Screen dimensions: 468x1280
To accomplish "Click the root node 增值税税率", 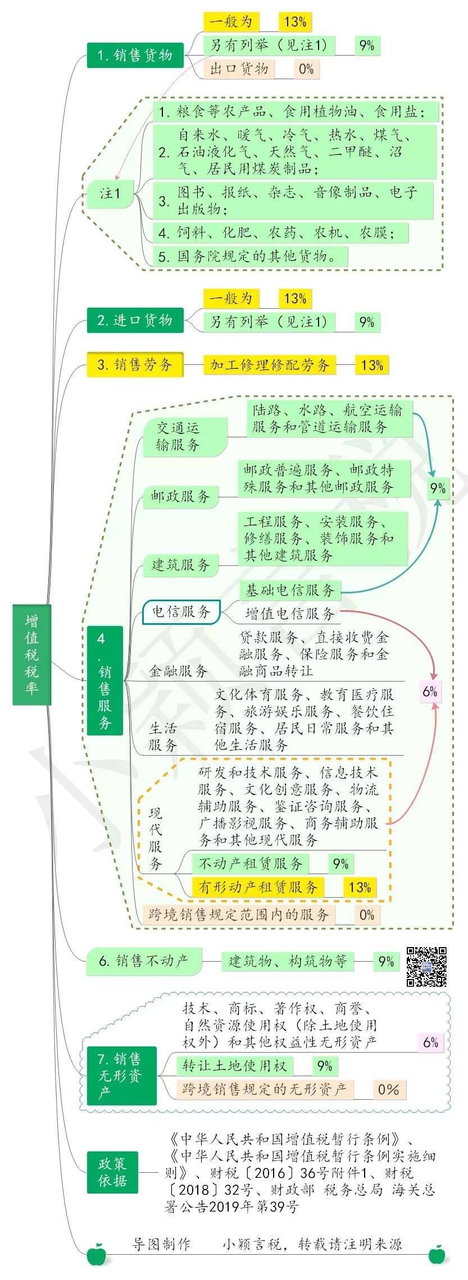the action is click(32, 654).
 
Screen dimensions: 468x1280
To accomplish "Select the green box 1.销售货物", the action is click(135, 55).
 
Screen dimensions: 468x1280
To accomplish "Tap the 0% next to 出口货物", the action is click(306, 69).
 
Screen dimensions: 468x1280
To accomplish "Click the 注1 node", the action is click(110, 194).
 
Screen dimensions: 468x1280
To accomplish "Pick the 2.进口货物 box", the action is click(135, 320).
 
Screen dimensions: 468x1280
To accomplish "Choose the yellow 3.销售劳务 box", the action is click(135, 365).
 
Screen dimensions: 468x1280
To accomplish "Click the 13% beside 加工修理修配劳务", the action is click(372, 365).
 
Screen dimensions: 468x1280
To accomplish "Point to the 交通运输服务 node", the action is click(185, 437).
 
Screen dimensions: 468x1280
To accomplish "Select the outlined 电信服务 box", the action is click(181, 611).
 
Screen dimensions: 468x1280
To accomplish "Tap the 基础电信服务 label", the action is click(290, 590).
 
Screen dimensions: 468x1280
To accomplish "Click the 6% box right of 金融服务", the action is click(430, 692).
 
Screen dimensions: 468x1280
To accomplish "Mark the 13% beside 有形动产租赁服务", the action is click(360, 887).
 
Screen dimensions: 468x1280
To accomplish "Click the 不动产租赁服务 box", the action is click(251, 863).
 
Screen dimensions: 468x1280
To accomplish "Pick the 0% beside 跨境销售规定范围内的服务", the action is click(367, 915).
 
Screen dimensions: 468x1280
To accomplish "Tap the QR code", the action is click(427, 967).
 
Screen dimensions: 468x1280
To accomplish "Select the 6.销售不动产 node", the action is click(144, 961).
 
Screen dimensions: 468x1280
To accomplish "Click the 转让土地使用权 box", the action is click(234, 1066).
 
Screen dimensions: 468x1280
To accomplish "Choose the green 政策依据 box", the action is click(112, 1172).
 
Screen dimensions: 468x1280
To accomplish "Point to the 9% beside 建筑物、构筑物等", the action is click(386, 962).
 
